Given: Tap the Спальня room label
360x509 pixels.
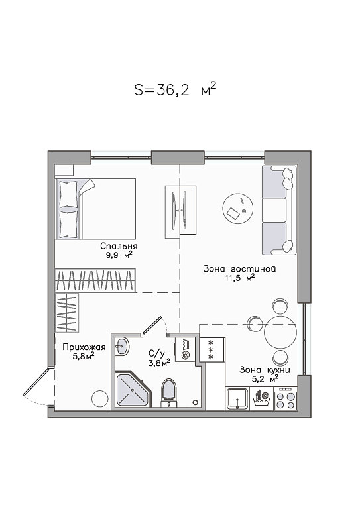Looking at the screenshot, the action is tap(119, 246).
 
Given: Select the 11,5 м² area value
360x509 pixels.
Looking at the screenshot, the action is tap(239, 278).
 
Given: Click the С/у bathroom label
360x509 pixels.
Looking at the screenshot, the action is tap(155, 353).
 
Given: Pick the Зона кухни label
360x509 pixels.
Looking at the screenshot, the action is tap(265, 370).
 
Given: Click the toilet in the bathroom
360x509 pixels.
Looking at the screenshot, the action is tap(169, 392).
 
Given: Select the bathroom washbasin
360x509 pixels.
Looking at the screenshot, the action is tap(123, 347).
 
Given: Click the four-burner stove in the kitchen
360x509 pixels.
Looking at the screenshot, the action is tap(286, 398).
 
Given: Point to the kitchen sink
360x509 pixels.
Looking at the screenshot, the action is tap(238, 398).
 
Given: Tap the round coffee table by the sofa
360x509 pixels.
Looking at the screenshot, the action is tap(238, 208).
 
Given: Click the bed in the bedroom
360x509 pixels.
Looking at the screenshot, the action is tap(95, 209).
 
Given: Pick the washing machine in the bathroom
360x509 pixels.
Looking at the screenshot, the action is tap(185, 349).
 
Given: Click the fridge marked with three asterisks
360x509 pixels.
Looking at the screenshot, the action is tap(212, 349).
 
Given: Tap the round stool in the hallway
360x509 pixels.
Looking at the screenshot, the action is tap(99, 398).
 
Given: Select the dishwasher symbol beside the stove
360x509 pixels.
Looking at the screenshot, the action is tap(262, 399).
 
